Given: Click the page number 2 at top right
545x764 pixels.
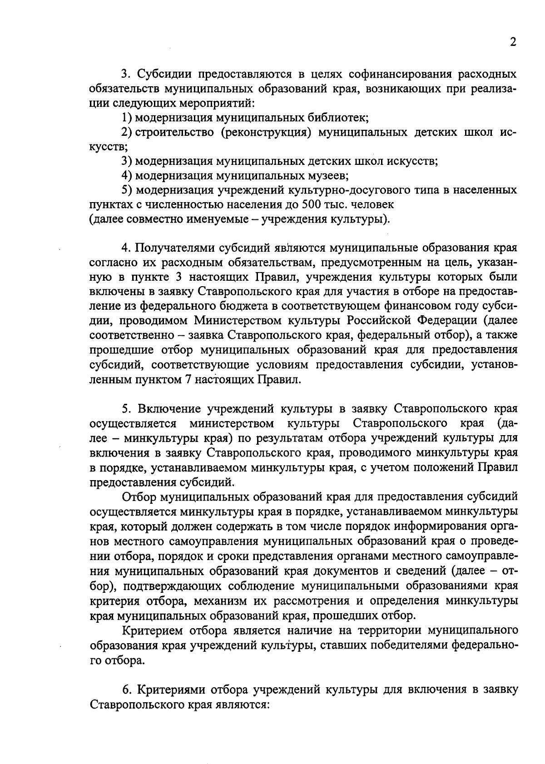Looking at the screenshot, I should point(513,43).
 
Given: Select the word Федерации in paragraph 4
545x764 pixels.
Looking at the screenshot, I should point(446,321).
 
